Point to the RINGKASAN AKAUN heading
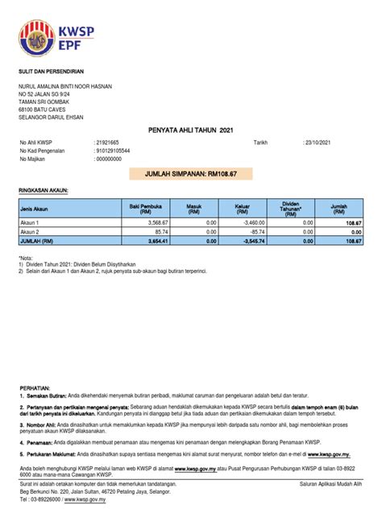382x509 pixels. (x=44, y=191)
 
